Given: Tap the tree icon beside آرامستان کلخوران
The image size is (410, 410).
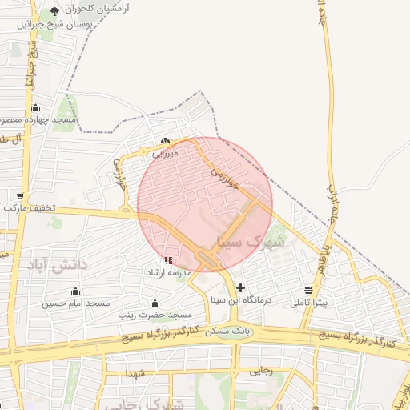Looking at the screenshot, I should [54, 10].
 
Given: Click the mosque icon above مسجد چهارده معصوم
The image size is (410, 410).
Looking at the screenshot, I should [34, 107].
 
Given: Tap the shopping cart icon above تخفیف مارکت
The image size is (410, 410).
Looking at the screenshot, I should [19, 195].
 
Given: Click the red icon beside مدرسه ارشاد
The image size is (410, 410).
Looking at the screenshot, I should [168, 260].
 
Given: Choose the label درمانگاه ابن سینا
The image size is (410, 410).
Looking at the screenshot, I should [241, 300].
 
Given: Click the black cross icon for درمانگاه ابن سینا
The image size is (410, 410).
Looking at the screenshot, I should [240, 287].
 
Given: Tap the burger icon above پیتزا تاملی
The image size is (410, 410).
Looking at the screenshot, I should [309, 290].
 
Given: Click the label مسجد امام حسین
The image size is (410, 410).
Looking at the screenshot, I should [75, 303].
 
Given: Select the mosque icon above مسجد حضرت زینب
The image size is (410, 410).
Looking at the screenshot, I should [155, 303].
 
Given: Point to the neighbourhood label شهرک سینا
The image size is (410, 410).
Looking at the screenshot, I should [245, 239].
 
